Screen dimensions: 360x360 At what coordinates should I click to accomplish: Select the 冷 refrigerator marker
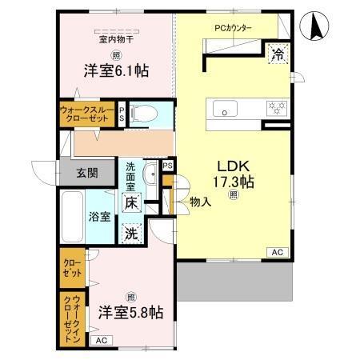click(x=278, y=54)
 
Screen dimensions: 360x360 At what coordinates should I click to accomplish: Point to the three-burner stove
click(x=277, y=106)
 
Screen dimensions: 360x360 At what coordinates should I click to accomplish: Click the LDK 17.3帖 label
click(x=233, y=175)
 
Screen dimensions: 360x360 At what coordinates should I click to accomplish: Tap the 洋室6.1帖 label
click(x=117, y=70)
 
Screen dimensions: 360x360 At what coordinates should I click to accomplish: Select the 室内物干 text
click(x=117, y=38)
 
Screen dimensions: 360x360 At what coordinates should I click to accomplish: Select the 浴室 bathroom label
click(x=98, y=215)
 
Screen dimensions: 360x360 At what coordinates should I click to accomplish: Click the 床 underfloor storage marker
click(x=131, y=203)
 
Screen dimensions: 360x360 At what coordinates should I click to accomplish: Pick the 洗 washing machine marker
click(x=131, y=235)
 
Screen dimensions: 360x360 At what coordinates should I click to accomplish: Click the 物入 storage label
click(x=200, y=203)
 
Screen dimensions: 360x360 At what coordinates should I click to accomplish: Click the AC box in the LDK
click(x=277, y=253)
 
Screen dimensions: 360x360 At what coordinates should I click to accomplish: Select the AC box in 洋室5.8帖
click(x=101, y=340)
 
